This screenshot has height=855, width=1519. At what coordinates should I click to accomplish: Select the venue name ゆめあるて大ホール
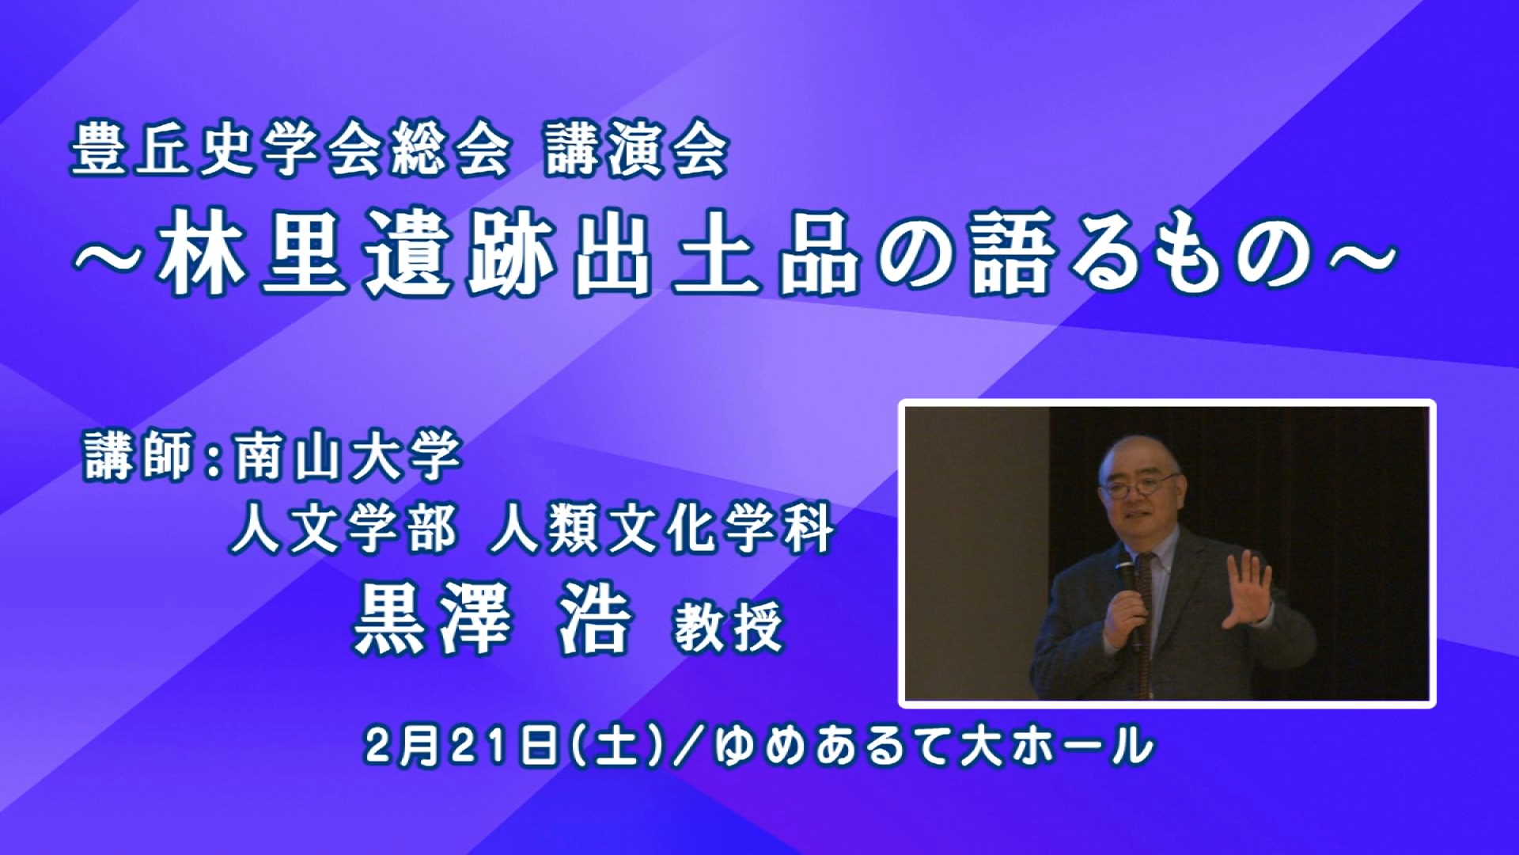(934, 745)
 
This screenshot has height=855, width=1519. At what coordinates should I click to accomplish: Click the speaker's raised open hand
(1248, 589)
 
